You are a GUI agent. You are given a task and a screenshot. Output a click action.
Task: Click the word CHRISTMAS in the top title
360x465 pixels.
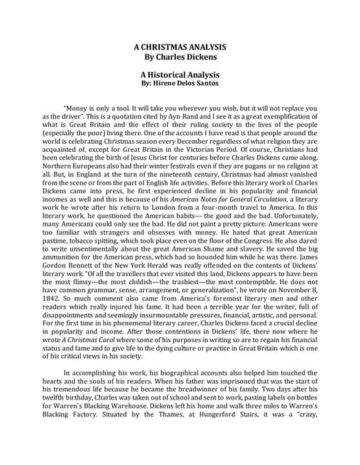[175, 46]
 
